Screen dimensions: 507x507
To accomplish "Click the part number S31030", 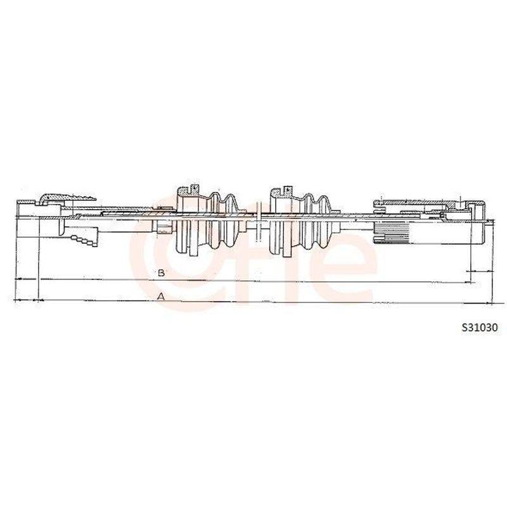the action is [x=480, y=328].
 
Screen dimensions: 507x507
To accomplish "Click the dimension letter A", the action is [x=161, y=296].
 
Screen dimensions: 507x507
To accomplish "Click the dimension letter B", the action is [x=161, y=273].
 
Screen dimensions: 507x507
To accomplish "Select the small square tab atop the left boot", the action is [x=195, y=188].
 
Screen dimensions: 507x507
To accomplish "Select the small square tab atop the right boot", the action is [x=288, y=189].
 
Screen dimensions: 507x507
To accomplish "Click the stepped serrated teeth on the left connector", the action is [x=84, y=241].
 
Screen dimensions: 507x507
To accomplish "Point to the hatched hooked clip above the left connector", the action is [x=67, y=198].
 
